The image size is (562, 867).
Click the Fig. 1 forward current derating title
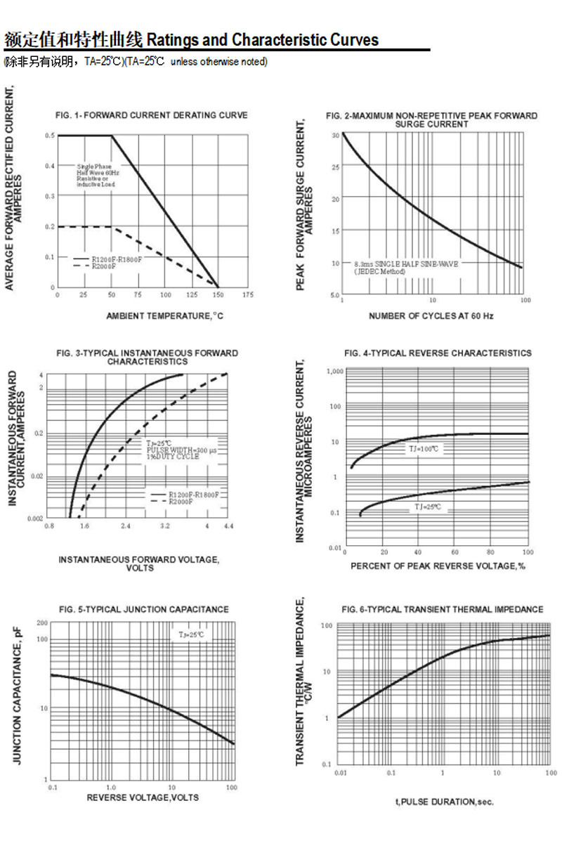(x=151, y=115)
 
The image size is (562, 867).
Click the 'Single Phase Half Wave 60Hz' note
(x=98, y=175)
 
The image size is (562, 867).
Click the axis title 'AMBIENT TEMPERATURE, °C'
(x=164, y=316)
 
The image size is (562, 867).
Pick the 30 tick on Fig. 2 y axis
(x=336, y=135)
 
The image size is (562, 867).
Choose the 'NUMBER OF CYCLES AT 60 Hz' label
(x=431, y=316)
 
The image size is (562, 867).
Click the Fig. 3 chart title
(x=147, y=357)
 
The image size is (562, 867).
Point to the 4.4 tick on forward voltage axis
(x=228, y=526)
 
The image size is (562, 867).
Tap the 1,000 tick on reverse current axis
(x=334, y=370)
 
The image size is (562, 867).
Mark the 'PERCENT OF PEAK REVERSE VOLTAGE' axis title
(x=438, y=566)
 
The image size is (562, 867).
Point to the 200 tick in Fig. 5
(x=42, y=623)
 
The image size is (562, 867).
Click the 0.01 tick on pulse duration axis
(x=340, y=773)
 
